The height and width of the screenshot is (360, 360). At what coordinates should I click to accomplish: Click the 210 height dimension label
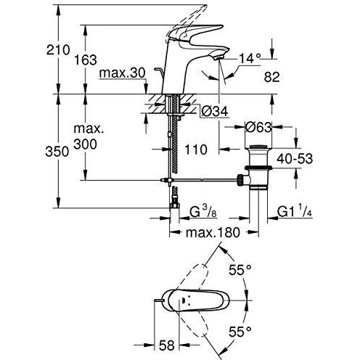[58, 50]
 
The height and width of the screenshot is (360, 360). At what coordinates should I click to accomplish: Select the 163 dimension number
[86, 60]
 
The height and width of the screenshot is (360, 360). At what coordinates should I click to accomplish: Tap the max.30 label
[123, 73]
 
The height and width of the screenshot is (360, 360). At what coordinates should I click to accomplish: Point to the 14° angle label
[250, 58]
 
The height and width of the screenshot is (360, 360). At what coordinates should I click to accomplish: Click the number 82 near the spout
[272, 77]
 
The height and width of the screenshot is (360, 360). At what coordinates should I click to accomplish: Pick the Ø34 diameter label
[215, 112]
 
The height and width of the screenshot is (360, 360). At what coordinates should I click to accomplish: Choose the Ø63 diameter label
[258, 127]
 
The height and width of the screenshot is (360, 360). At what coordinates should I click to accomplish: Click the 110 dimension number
[196, 150]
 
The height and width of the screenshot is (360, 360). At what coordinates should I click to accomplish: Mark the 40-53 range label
[295, 158]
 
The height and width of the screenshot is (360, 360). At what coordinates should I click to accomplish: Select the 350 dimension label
[57, 152]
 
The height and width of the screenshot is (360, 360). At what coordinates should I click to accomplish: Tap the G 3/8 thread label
[203, 212]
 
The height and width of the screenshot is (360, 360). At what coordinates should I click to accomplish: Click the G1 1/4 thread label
[295, 212]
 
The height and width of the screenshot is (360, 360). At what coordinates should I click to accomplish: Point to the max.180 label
[213, 232]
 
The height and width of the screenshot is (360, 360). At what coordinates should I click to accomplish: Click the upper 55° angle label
[240, 270]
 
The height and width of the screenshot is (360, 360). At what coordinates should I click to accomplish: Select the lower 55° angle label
[240, 332]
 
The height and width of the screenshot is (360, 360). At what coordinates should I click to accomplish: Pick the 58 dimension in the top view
[167, 345]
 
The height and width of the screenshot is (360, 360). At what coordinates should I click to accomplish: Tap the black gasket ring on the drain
[258, 168]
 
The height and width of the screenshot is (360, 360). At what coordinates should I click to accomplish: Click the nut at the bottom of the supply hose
[174, 205]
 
